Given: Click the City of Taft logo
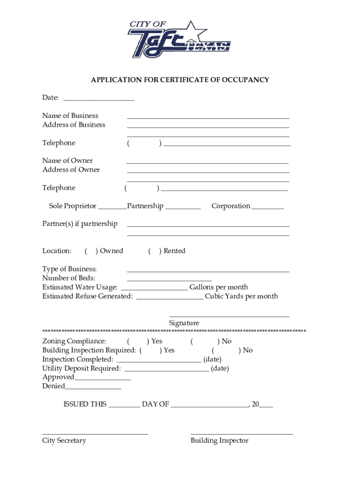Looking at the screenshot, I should pos(180,39).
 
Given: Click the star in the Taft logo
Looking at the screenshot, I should pos(192,31).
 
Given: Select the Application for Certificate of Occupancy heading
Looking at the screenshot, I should pos(180,80).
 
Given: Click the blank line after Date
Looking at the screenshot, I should pos(99,100).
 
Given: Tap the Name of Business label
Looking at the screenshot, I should pos(70,116).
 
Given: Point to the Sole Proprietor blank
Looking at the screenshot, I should pos(112,208).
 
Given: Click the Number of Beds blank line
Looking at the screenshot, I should pos(169,280).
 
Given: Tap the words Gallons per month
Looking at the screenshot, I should pos(218,287).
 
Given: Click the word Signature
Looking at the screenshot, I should pos(184,323).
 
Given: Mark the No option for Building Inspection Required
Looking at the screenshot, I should pos(226,350).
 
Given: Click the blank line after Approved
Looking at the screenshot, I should pos(102,379).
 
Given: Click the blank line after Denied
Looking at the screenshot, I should pos(93,388).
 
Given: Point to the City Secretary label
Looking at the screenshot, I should pos(64,441).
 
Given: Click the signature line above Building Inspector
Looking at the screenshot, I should pos(241,434).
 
